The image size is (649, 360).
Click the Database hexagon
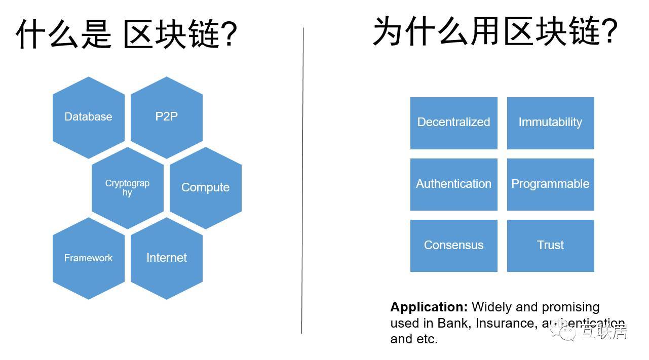point(88,117)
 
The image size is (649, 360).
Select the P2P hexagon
point(166,117)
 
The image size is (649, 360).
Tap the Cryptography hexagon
point(127,188)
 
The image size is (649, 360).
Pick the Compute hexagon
point(205,188)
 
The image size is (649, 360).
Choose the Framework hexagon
point(88,258)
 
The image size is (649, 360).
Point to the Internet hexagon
point(166,258)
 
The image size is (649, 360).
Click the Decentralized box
point(453,123)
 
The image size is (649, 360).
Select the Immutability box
point(550,123)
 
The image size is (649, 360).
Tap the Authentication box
point(453,184)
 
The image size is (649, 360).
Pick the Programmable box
point(550,184)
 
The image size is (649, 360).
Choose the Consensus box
point(453,246)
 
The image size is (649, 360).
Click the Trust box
point(550,246)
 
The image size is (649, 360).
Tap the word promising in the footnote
point(570,307)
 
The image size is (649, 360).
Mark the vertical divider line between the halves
point(302,182)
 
